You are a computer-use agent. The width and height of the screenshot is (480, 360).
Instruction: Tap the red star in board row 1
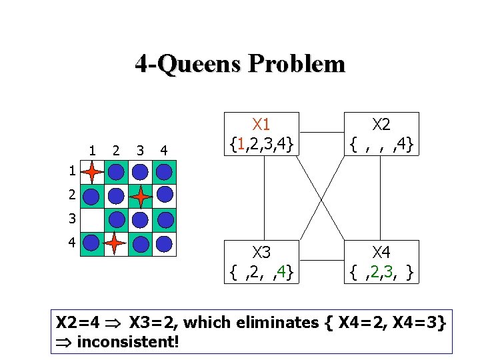[92, 172]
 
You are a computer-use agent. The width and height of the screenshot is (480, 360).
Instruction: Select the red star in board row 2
[140, 196]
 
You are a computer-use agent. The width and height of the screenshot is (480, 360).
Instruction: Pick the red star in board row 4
[116, 244]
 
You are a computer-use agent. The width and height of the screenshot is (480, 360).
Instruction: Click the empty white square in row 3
[92, 220]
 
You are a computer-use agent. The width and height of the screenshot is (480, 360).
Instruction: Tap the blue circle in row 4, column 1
[92, 244]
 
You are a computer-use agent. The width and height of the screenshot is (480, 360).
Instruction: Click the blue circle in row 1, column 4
[164, 172]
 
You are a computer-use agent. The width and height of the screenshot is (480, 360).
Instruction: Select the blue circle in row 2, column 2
[116, 196]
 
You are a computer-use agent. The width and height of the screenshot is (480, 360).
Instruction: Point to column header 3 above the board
[139, 149]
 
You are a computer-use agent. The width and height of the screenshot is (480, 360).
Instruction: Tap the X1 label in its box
[261, 124]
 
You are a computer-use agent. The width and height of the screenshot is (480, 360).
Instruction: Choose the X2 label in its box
[381, 124]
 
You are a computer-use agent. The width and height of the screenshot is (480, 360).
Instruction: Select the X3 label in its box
[261, 252]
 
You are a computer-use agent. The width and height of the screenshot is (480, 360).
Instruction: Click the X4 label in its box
[381, 252]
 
